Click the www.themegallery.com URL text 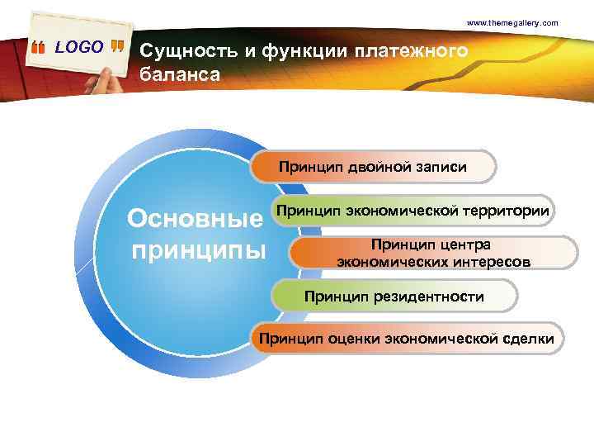(x=512, y=22)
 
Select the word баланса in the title (x=180, y=75)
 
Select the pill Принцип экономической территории (x=412, y=211)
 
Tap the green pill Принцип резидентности (x=394, y=296)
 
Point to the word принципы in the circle (x=199, y=249)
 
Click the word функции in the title (x=306, y=52)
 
